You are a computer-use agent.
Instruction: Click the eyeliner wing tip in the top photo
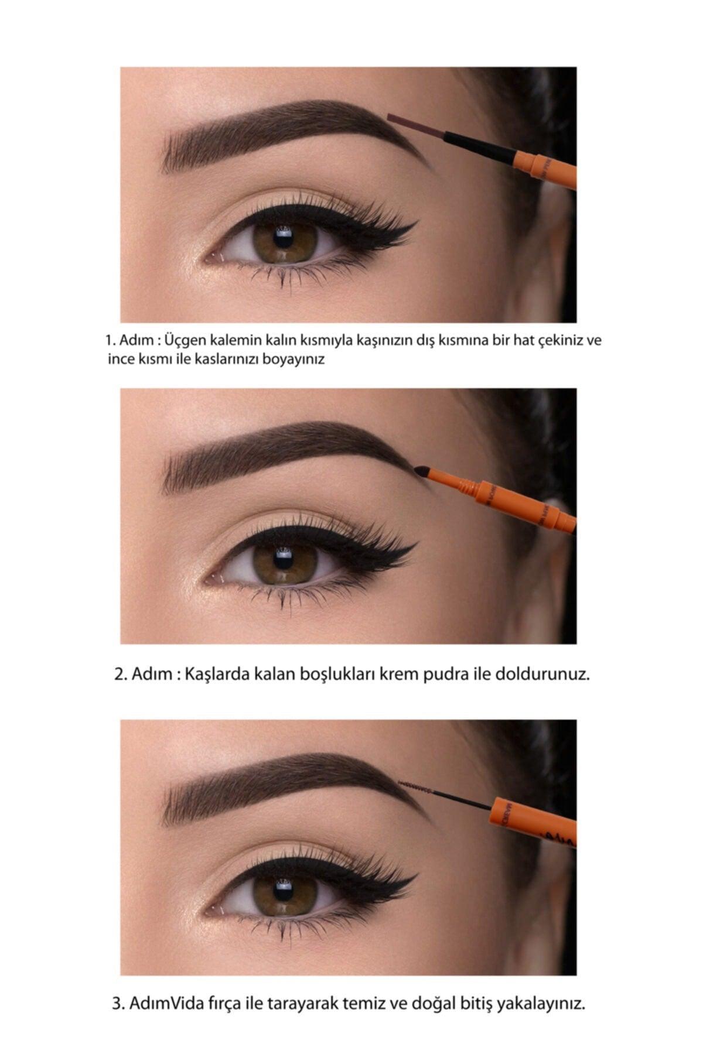click(x=415, y=223)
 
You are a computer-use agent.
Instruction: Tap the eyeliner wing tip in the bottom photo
click(x=415, y=877)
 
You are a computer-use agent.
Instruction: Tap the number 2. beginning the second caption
click(x=121, y=674)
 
